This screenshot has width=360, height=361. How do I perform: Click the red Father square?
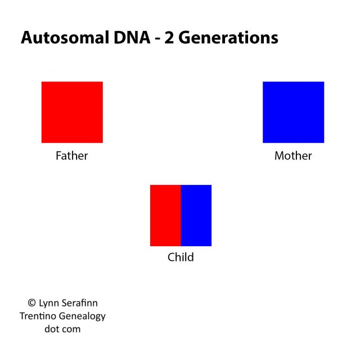(72, 112)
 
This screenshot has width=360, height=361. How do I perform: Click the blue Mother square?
(293, 112)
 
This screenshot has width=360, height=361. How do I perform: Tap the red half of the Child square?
(165, 215)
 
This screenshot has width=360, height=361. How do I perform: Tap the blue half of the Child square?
(196, 215)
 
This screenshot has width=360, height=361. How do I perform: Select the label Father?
(72, 156)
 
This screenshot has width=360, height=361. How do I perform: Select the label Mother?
(293, 156)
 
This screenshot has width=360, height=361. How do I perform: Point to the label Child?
(181, 258)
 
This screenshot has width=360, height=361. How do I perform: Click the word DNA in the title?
(121, 38)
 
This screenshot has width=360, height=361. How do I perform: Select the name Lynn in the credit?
(51, 303)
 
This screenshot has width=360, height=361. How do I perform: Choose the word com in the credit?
(71, 330)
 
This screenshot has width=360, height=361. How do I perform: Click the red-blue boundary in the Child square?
(181, 215)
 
